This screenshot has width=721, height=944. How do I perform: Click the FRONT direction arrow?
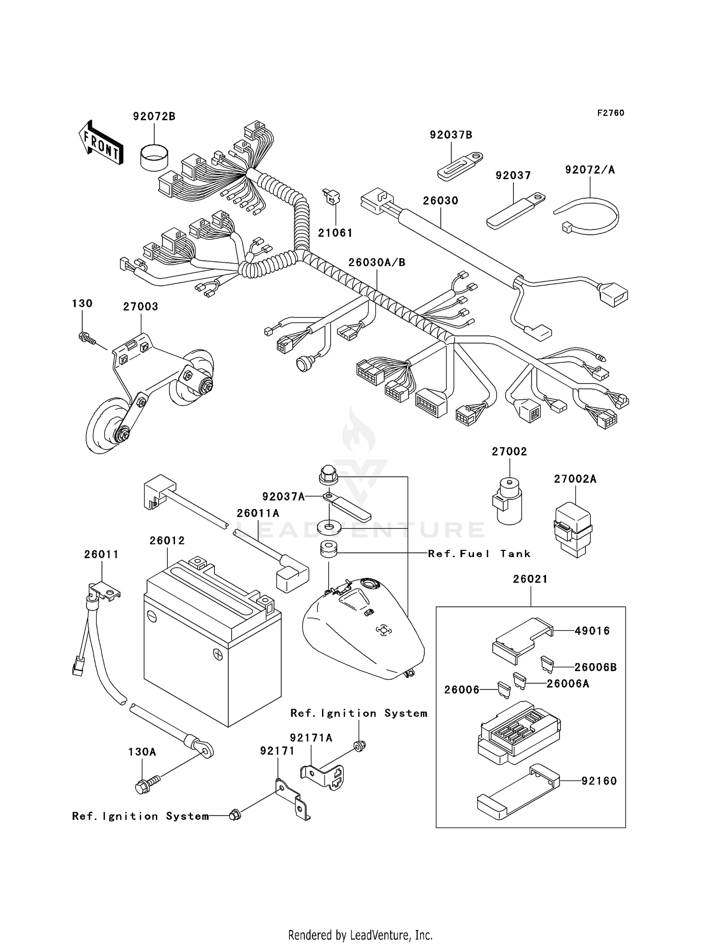(x=100, y=143)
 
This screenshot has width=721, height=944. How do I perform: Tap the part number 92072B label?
(x=154, y=116)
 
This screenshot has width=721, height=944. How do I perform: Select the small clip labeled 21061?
(x=331, y=197)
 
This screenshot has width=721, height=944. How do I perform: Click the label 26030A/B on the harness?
(x=377, y=263)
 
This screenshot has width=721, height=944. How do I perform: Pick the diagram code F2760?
(x=610, y=113)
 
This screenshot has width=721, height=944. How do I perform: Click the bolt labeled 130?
(x=87, y=338)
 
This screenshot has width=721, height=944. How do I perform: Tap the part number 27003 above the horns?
(x=140, y=307)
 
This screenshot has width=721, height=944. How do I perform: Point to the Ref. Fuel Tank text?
(x=479, y=554)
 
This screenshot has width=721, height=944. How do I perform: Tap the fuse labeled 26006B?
(x=547, y=663)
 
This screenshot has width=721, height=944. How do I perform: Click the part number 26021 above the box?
(x=530, y=579)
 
